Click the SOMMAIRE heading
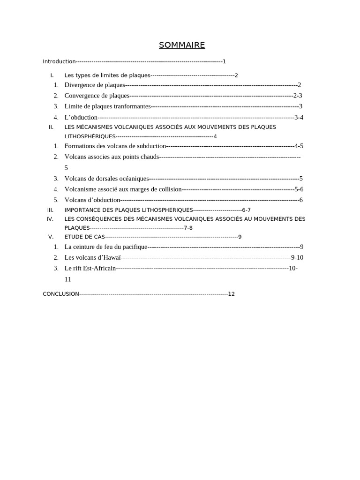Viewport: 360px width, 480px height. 182,45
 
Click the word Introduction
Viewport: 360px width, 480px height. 59,61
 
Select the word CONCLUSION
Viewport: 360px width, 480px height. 61,294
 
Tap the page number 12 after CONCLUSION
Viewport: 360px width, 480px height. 231,294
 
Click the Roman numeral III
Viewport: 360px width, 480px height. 51,210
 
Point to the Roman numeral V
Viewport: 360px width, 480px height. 51,237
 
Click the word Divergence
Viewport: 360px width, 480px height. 80,85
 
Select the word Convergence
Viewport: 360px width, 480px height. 82,96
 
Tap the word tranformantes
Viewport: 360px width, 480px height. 132,106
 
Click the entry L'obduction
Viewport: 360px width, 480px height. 81,117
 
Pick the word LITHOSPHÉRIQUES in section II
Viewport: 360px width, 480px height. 90,136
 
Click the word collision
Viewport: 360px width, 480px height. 169,189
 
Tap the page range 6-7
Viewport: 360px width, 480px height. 246,210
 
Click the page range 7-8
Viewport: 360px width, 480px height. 188,228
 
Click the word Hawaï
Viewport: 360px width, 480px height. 112,257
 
